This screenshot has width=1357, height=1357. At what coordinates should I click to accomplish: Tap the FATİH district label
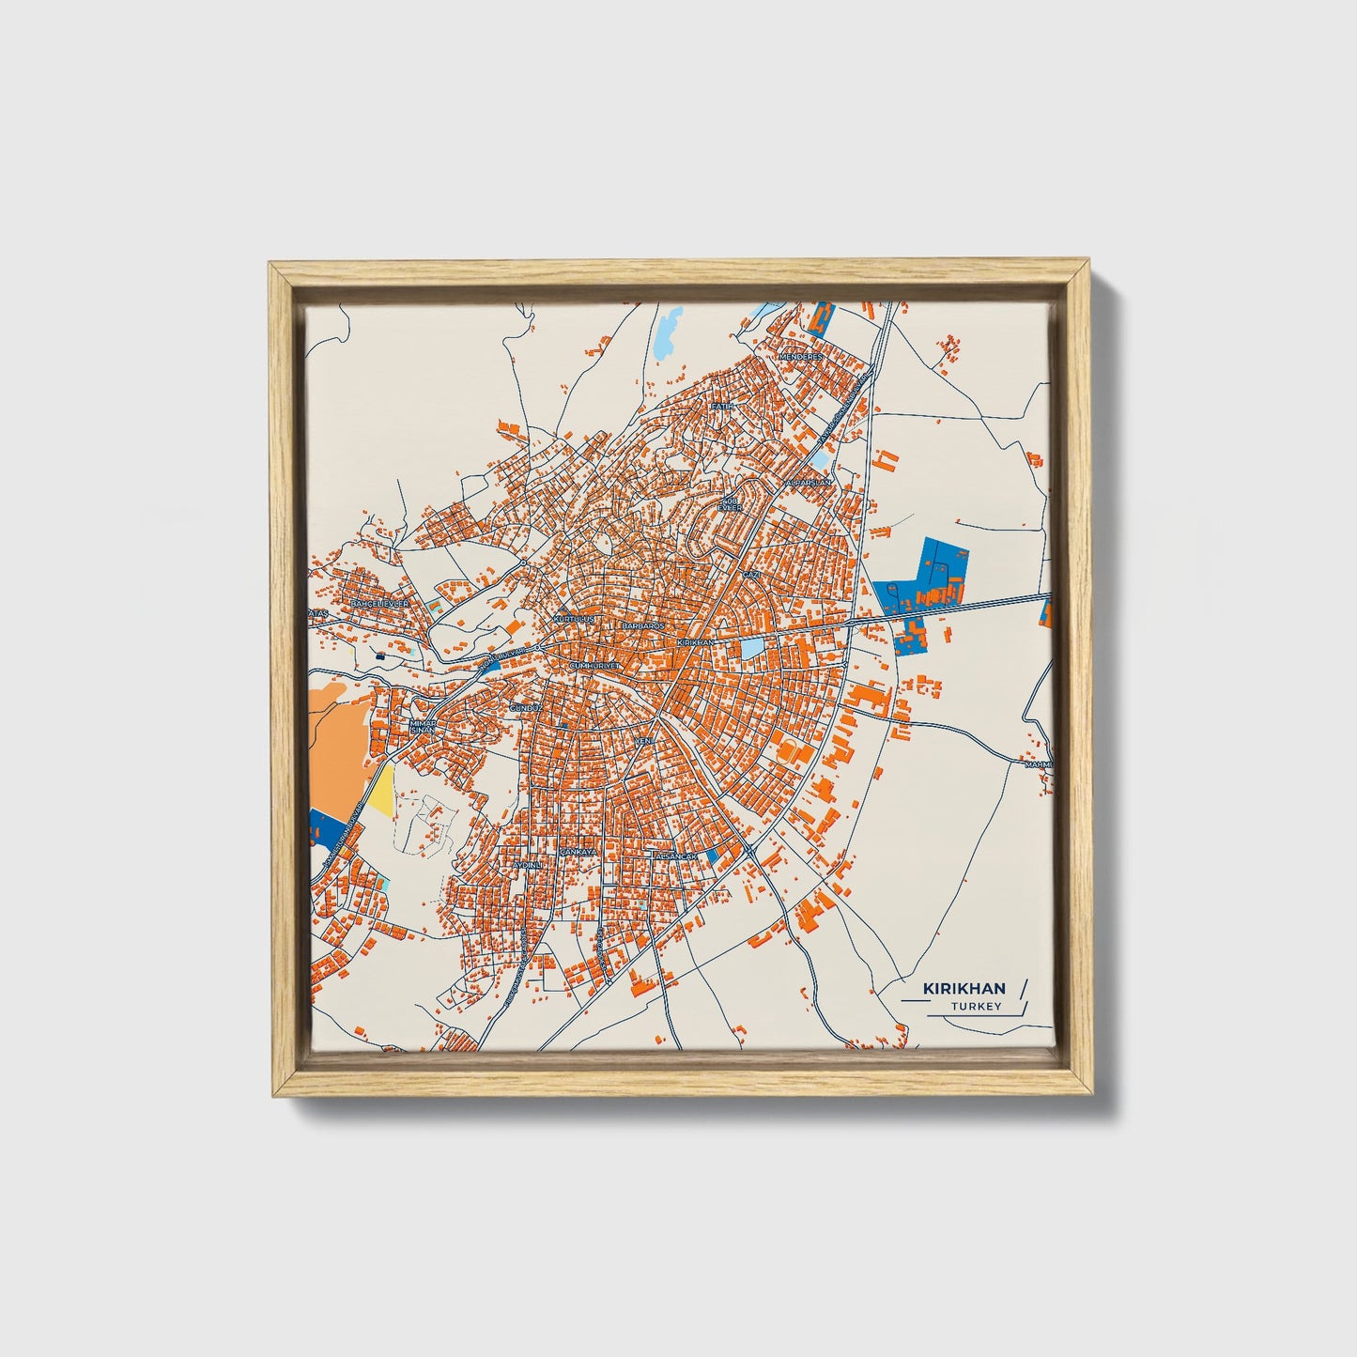tap(721, 407)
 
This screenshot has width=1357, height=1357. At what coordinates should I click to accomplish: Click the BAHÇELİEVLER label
tap(379, 603)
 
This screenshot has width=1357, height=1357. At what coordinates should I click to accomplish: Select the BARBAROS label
tap(643, 625)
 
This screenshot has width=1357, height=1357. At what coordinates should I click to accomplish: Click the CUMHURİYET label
tap(595, 665)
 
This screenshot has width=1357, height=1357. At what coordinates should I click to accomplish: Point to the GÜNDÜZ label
tap(524, 707)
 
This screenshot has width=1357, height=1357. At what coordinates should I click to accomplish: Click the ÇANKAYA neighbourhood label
tap(578, 852)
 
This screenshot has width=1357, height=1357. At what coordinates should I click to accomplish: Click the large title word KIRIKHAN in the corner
tap(964, 989)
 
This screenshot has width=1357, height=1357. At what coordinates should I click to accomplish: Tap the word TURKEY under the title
tap(976, 1007)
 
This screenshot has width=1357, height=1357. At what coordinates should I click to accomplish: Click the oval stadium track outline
tap(602, 542)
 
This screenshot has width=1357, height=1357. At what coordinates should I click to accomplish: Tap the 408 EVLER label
tap(730, 504)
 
